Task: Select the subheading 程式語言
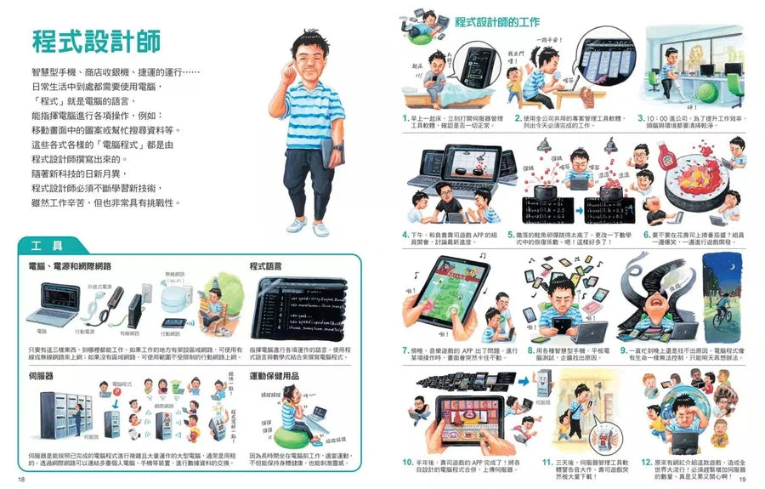pos(266,266)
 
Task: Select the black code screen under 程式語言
pos(297,309)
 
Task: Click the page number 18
pos(22,480)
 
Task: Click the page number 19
pos(743,480)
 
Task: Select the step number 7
pos(405,349)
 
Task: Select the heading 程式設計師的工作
pos(496,21)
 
